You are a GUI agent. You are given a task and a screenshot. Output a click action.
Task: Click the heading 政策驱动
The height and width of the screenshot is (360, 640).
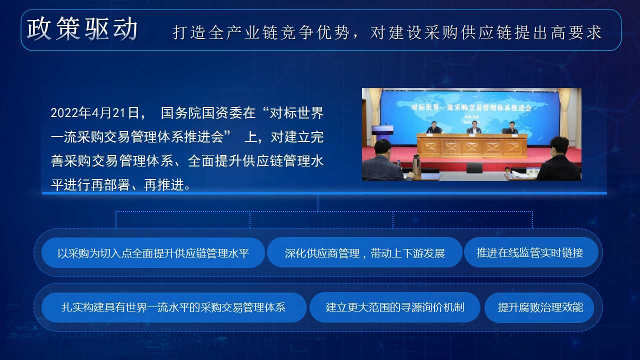[x=82, y=28]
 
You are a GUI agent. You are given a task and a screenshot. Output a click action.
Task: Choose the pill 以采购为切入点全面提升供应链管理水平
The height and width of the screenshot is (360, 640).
[x=153, y=253]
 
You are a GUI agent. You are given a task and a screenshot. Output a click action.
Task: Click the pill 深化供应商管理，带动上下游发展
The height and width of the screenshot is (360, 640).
[x=364, y=253]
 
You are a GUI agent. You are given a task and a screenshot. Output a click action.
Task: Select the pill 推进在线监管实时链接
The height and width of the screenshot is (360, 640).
[x=531, y=253]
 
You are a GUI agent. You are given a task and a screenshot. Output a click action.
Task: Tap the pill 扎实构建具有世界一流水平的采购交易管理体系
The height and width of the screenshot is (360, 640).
[x=173, y=307]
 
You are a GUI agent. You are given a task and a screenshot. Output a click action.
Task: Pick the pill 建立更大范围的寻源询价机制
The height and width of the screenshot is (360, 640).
[x=395, y=307]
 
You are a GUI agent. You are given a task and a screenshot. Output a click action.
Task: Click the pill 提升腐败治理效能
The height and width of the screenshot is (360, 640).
[x=539, y=307]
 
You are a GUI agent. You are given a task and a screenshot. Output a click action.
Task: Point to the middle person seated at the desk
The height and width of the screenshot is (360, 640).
[x=474, y=127]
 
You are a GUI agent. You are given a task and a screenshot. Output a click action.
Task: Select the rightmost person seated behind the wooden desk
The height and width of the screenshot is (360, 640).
[x=511, y=127]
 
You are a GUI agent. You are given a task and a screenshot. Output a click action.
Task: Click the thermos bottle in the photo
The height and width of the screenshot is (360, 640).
[x=416, y=165]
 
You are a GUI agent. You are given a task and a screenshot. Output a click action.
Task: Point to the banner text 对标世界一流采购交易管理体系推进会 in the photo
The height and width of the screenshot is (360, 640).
[x=471, y=107]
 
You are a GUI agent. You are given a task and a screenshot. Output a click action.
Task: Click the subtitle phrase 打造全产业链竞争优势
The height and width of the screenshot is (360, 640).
[x=261, y=32]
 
